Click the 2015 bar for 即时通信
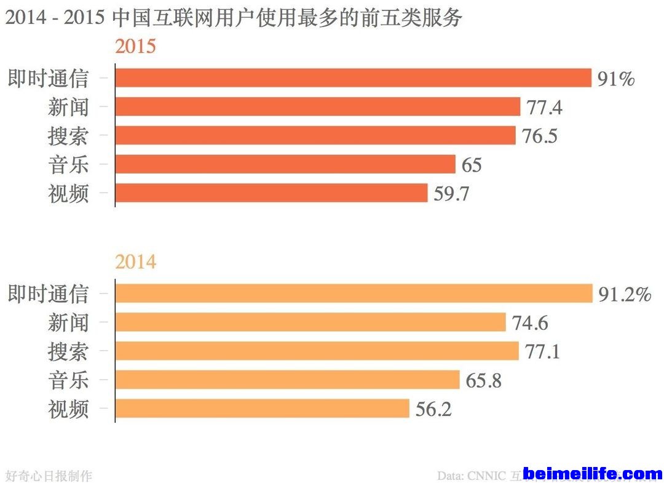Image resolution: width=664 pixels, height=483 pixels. tap(353, 78)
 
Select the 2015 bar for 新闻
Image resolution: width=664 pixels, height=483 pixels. tap(318, 107)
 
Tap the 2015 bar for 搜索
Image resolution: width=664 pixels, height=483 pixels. tap(315, 135)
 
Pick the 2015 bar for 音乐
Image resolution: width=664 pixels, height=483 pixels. tap(285, 164)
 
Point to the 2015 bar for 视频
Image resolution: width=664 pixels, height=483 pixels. tap(271, 193)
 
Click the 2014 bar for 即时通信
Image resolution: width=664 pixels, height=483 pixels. tap(354, 293)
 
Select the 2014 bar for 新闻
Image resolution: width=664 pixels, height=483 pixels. tap(310, 322)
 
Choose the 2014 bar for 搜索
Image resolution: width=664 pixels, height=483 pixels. tap(317, 351)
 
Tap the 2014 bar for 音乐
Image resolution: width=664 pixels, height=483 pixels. tap(287, 380)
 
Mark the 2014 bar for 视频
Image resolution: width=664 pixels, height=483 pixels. tap(262, 409)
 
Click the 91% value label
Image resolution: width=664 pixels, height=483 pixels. tap(615, 79)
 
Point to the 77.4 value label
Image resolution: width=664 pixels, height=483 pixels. tap(544, 108)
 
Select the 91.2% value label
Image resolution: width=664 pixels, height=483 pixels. tap(625, 294)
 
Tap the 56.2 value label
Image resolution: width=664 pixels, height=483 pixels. tap(433, 409)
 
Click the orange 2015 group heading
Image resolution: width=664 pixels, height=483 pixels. tap(135, 47)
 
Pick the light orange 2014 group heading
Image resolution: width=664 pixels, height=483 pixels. tap(135, 262)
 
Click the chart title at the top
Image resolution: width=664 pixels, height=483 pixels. tap(233, 18)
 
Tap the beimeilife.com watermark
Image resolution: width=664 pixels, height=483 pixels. tap(593, 474)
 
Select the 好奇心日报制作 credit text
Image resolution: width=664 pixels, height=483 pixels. tap(49, 476)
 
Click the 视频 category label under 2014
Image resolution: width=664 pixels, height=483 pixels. tap(68, 409)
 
